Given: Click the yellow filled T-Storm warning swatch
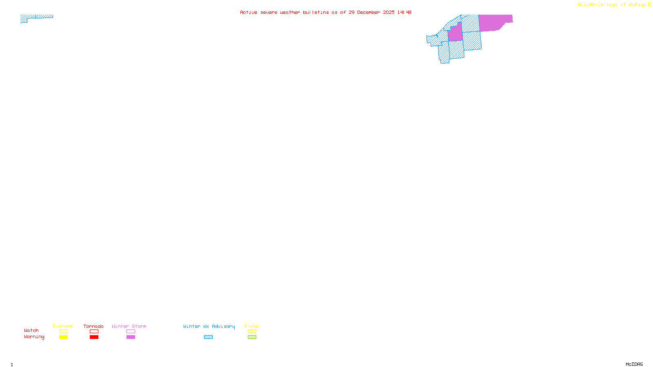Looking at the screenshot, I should pos(63,337).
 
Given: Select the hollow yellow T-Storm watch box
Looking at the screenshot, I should pos(63,332).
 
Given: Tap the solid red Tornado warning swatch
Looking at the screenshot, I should pos(94,337).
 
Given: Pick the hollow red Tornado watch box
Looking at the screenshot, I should pos(94,332).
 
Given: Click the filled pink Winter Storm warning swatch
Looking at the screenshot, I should pos(131,337).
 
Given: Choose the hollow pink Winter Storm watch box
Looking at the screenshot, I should pos(131,332).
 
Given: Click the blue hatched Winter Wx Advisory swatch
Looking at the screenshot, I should pos(208,337).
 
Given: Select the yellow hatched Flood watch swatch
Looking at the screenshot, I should pos(252,332).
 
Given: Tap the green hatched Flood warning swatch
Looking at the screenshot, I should pos(252,337).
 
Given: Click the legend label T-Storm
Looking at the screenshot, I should pos(63,326).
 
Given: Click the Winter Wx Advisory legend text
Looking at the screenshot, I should pos(209,326).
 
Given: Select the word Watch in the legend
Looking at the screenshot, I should pos(31,331).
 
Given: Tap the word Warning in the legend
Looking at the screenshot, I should pos(34,337).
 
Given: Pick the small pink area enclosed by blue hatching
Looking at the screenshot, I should pos(455,34).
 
